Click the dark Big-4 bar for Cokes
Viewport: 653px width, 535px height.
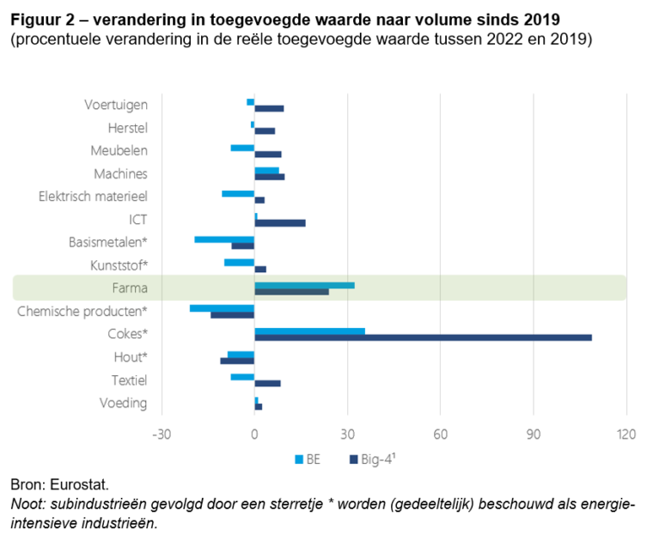(x=423, y=337)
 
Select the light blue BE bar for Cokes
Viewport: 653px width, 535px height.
(x=309, y=331)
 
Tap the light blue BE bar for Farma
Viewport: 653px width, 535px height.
(x=304, y=285)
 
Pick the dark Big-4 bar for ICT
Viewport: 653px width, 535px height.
(x=280, y=223)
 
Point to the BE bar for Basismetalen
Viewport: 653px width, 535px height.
(x=224, y=239)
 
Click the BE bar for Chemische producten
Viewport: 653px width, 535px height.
(x=222, y=307)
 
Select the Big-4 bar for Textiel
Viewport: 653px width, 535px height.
(x=267, y=383)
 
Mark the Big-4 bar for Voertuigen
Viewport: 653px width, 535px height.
(x=269, y=108)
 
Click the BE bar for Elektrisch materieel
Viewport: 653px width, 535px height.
(x=238, y=193)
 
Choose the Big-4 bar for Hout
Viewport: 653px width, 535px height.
(x=237, y=361)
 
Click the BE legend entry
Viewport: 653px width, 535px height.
(x=307, y=459)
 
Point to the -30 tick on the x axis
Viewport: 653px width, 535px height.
(x=161, y=435)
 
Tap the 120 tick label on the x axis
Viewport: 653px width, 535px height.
(x=626, y=435)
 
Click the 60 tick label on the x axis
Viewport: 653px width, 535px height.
(x=440, y=435)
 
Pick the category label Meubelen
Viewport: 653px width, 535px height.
(x=119, y=150)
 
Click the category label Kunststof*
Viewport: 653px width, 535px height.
(x=119, y=264)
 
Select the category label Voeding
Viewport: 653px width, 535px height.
(x=123, y=403)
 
